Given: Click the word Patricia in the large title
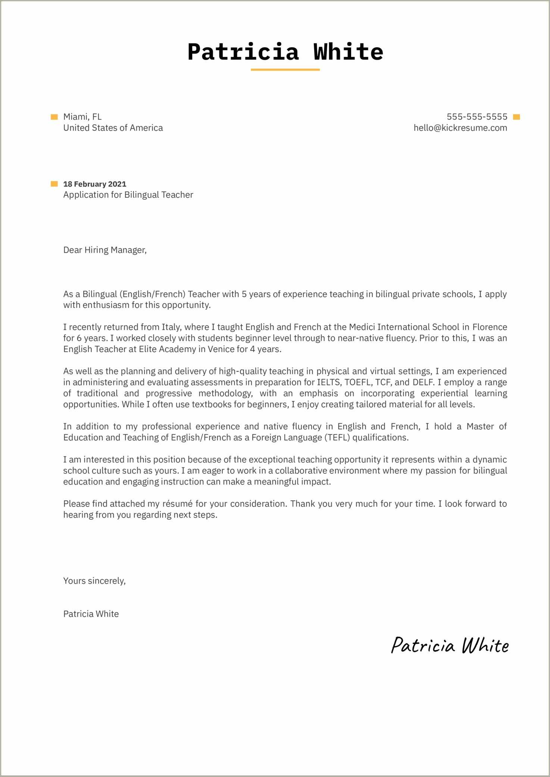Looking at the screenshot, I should click(243, 51).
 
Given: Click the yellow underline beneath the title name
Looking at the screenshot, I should click(285, 69).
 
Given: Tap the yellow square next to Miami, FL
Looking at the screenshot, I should click(54, 117).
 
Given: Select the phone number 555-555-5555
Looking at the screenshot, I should click(477, 117).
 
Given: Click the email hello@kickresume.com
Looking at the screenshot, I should click(460, 128).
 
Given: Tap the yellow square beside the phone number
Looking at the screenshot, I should click(516, 117).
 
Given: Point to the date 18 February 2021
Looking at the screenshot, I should click(95, 184).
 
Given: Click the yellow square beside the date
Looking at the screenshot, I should click(54, 184).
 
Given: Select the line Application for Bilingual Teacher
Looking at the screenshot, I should click(128, 195).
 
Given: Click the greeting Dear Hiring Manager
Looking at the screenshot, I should click(105, 250).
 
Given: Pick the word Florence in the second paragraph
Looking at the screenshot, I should click(490, 327).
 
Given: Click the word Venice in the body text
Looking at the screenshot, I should click(221, 349).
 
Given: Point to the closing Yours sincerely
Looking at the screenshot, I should click(94, 581).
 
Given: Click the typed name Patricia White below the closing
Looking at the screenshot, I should click(91, 614).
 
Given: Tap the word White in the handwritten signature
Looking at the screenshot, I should click(485, 646).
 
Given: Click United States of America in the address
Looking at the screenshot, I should click(113, 128).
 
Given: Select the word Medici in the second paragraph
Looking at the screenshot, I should click(362, 327).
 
